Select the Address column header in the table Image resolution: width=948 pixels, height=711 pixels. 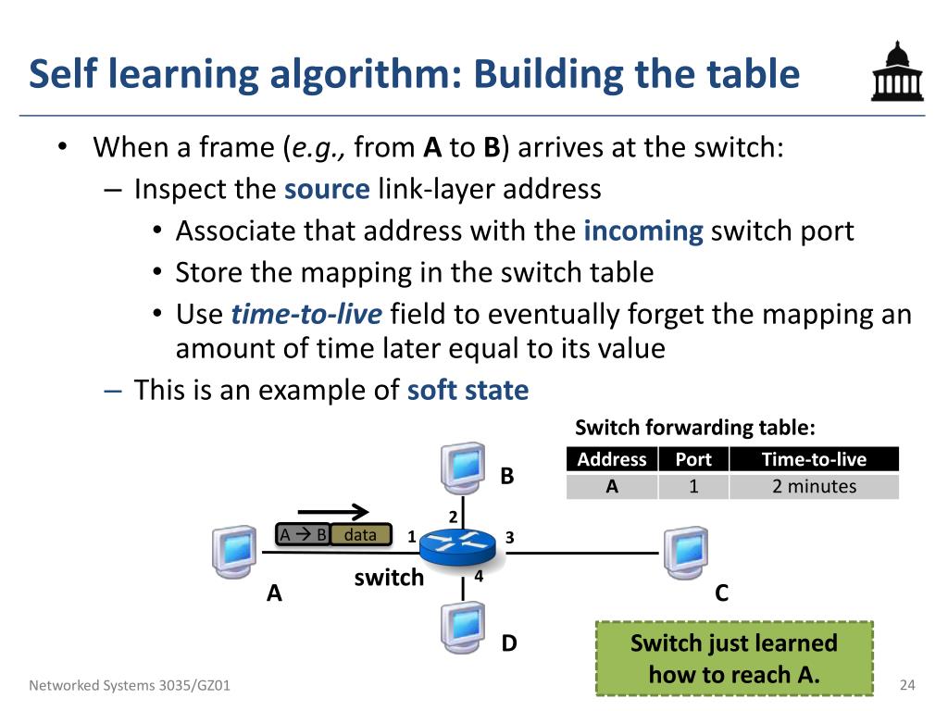pos(611,459)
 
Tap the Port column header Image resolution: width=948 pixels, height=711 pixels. pos(693,459)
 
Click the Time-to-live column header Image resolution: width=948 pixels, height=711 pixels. pos(814,459)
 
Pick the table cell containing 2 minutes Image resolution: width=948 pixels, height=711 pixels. pos(814,486)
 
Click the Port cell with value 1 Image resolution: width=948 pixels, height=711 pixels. pos(693,486)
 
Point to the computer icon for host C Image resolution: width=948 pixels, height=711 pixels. pos(685,553)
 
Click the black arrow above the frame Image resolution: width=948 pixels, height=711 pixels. pos(333,511)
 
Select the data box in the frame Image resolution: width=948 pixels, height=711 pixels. pos(361,535)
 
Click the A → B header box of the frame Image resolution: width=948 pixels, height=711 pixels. pos(303,535)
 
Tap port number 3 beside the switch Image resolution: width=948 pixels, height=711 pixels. pos(509,537)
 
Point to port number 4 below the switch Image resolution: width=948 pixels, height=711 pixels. pos(479,575)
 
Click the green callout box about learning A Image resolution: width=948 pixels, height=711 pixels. pos(733,658)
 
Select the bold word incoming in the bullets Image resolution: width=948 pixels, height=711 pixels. pos(643,231)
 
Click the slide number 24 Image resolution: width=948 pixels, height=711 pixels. pos(906,685)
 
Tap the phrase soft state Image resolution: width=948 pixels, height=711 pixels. pos(468,390)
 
